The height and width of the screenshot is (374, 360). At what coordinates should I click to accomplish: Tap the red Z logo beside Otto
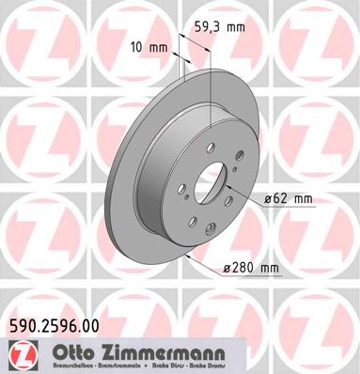tap(18, 354)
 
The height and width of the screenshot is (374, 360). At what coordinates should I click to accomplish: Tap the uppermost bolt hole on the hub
tap(205, 139)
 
